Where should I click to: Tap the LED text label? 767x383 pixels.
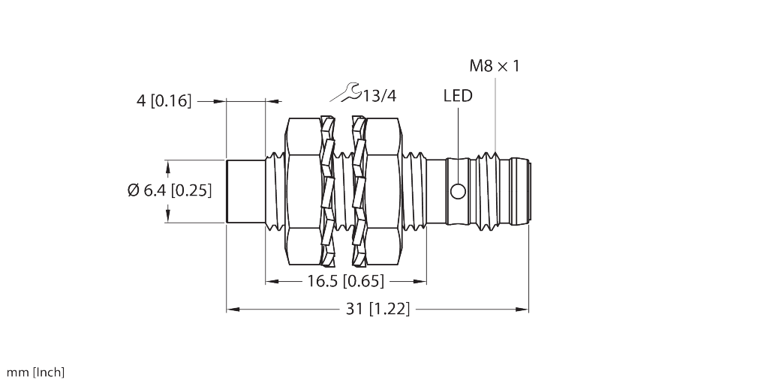point(458,96)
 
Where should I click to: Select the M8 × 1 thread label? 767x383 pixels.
point(494,66)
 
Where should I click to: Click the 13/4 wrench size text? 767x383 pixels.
point(379,95)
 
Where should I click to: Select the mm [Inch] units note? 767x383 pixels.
point(36,372)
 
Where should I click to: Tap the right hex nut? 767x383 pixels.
point(383,191)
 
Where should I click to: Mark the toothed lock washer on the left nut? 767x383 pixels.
point(327,191)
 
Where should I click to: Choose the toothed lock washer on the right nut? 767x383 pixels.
point(359,191)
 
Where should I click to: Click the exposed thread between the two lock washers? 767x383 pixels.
point(343,191)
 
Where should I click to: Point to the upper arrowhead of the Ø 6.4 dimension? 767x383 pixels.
point(166,163)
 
